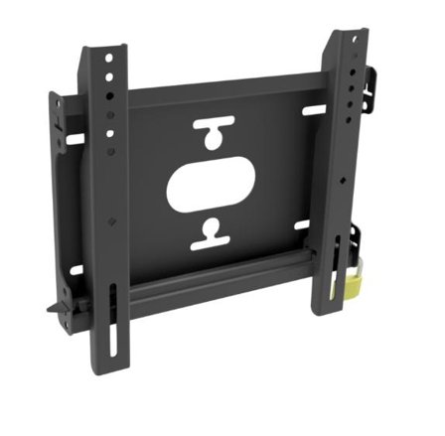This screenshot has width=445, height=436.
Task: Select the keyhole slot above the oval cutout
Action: pyautogui.click(x=214, y=134)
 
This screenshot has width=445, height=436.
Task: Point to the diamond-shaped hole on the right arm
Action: pyautogui.click(x=341, y=182)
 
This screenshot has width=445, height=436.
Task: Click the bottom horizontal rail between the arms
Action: pyautogui.click(x=219, y=289)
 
